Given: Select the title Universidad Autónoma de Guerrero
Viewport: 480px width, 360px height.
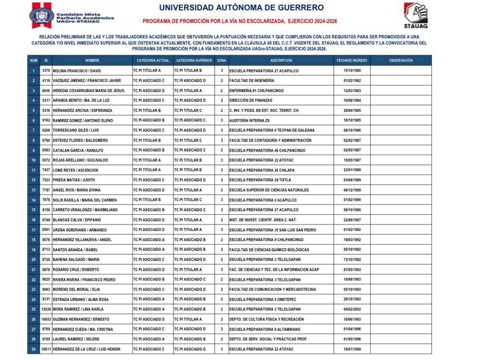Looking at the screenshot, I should coord(241,8).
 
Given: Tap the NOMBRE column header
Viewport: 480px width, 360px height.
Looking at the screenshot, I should coord(92,60).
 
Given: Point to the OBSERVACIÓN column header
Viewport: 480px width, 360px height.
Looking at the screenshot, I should coord(401,60).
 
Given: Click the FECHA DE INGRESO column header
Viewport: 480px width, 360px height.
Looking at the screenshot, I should coord(352,60).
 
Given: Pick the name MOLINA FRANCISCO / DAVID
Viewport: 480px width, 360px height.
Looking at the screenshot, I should coord(77,71).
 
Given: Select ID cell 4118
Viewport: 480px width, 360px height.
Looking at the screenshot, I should coord(46,81).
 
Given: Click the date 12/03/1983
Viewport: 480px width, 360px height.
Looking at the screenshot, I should coord(352,90).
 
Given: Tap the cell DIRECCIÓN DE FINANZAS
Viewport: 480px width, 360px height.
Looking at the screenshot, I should coord(250,100).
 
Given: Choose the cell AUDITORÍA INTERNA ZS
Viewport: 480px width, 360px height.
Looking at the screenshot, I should coord(249,120).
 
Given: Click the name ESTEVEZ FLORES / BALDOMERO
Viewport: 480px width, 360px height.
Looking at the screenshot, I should coord(80,140).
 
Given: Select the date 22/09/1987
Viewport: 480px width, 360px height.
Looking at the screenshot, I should coord(352,220).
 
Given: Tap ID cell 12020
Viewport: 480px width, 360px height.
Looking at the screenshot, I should coord(46,309).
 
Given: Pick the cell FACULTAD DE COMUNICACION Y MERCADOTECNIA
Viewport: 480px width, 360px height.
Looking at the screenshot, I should coord(272,289).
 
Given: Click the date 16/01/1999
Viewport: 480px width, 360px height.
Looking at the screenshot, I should coord(352,349).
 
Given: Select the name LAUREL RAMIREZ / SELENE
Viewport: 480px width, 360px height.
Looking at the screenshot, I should coord(76,339).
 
